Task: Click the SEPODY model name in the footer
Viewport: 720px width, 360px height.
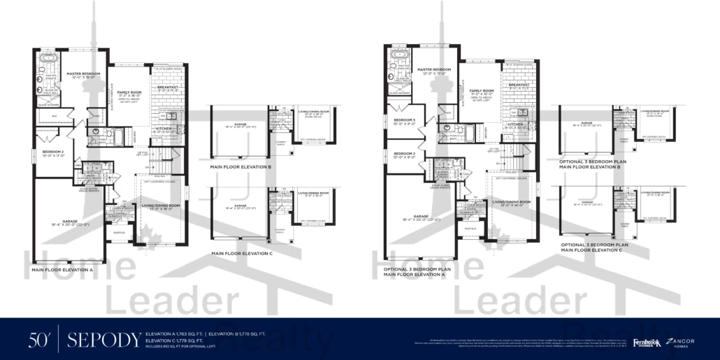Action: (103, 340)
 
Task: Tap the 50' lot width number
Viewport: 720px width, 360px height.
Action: (38, 340)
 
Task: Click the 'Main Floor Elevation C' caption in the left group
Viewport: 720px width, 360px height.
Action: (241, 253)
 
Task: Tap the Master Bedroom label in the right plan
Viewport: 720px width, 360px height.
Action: (433, 70)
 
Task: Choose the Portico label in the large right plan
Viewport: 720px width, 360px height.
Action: (470, 229)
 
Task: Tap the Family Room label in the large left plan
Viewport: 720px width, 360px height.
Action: (128, 93)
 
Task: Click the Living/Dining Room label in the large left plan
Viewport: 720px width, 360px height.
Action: (161, 205)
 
